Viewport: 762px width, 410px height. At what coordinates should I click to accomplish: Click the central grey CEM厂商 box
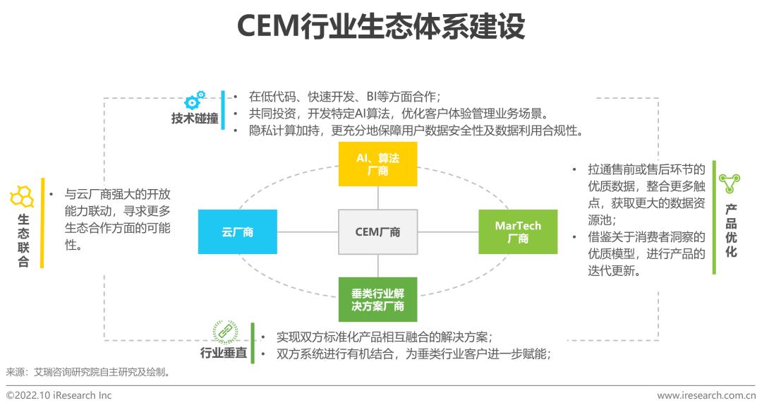[377, 231]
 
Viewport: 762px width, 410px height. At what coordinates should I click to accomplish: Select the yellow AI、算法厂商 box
[377, 164]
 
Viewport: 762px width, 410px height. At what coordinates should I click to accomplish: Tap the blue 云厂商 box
[237, 231]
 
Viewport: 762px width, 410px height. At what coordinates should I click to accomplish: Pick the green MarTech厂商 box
[517, 231]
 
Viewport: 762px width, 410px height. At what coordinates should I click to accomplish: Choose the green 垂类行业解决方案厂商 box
[377, 299]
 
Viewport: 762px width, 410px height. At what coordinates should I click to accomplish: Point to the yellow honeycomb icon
[22, 195]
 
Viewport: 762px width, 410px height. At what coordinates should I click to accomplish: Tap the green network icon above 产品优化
[729, 185]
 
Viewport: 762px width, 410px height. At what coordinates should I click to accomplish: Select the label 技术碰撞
[194, 119]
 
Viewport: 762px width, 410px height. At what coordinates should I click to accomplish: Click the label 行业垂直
[224, 353]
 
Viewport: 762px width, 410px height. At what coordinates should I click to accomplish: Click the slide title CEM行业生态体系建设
[381, 28]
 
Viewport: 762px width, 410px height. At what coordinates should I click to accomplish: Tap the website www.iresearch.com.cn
[706, 395]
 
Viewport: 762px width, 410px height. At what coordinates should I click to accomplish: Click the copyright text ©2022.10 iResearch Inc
[59, 395]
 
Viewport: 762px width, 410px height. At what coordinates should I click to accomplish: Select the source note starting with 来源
[88, 371]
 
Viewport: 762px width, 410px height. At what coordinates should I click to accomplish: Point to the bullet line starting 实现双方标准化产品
[385, 336]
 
